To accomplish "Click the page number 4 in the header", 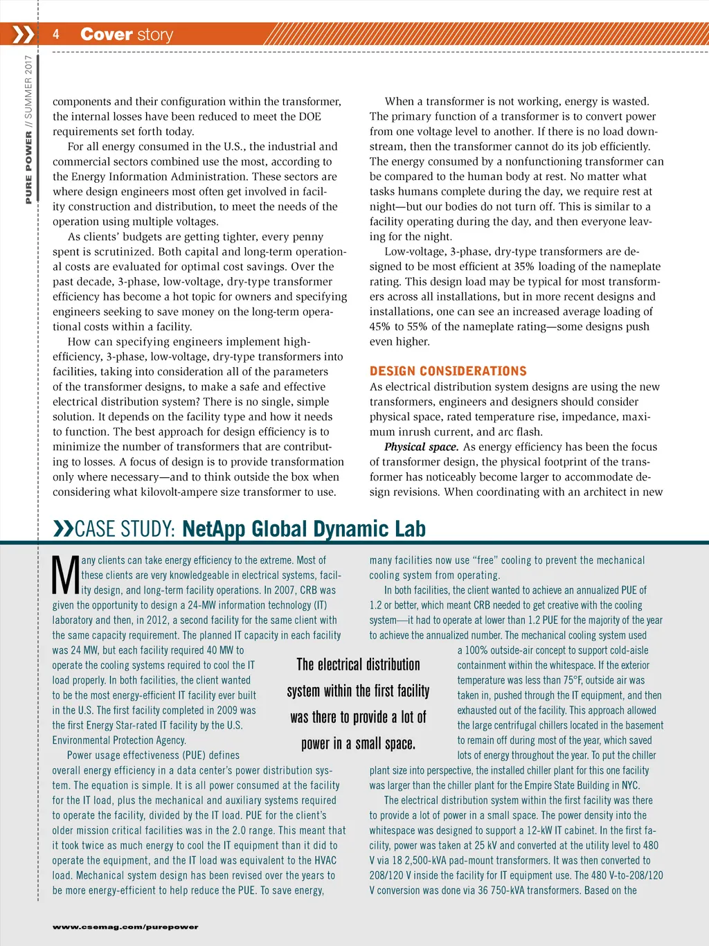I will pos(56,34).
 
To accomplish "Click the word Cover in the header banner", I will pos(106,34).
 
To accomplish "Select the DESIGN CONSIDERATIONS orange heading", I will pos(448,371).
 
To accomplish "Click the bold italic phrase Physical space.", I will pos(421,447).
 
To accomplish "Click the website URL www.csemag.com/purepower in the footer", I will pos(125,927).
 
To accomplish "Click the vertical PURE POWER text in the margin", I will pos(29,168).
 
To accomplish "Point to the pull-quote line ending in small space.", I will pos(358,744).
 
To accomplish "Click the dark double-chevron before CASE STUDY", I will pos(63,530).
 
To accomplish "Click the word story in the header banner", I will pos(154,35).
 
